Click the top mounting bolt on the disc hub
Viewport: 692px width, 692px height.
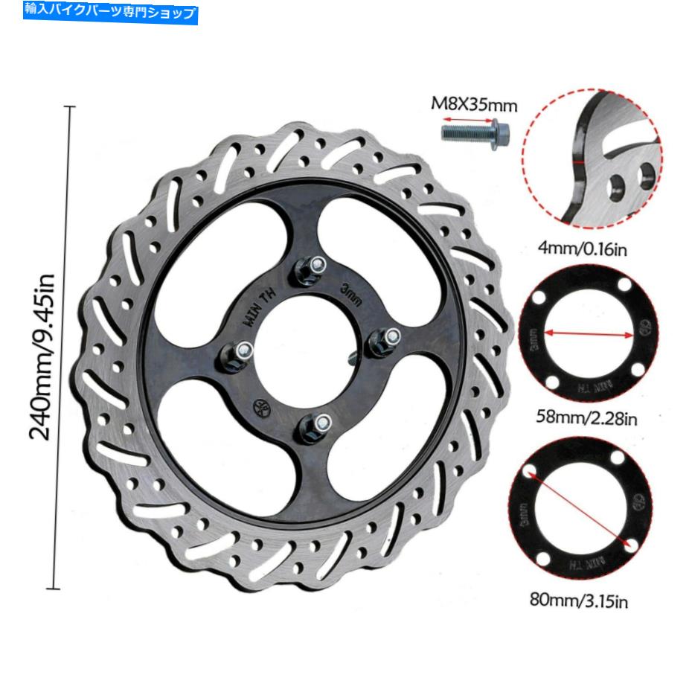[x=313, y=266]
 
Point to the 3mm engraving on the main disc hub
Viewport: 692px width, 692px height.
[x=350, y=292]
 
